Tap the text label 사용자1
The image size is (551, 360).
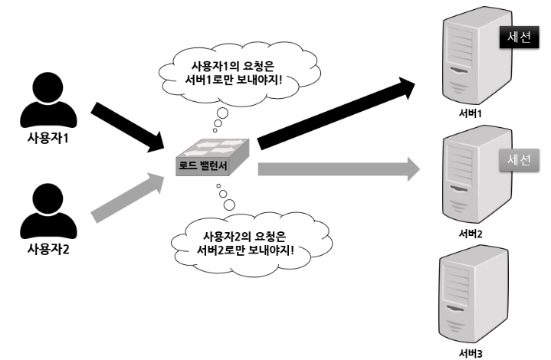pos(48,138)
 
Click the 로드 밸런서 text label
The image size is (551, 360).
pos(202,165)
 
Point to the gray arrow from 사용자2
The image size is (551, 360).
pos(126,198)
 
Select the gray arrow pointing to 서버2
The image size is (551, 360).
pos(337,169)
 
